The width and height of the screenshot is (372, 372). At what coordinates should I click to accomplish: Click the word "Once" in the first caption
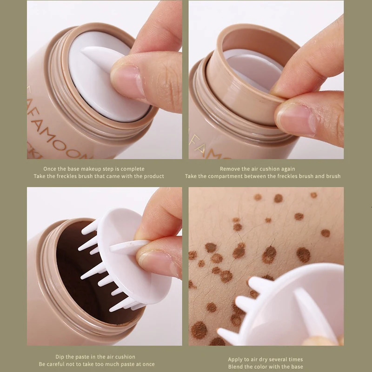pyautogui.click(x=50, y=169)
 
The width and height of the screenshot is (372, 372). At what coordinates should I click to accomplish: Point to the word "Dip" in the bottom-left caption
pyautogui.click(x=59, y=357)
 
